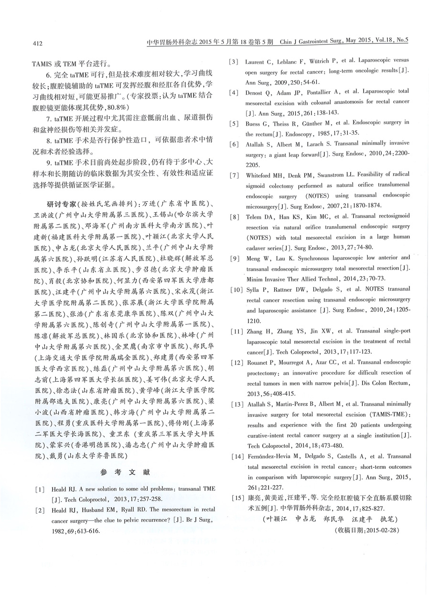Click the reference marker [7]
pyautogui.click(x=235, y=176)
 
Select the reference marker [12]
pyautogui.click(x=236, y=363)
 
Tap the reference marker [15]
pyautogui.click(x=236, y=498)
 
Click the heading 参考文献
pyautogui.click(x=125, y=473)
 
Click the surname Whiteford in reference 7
pyautogui.click(x=261, y=176)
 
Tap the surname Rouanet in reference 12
pyautogui.click(x=258, y=363)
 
